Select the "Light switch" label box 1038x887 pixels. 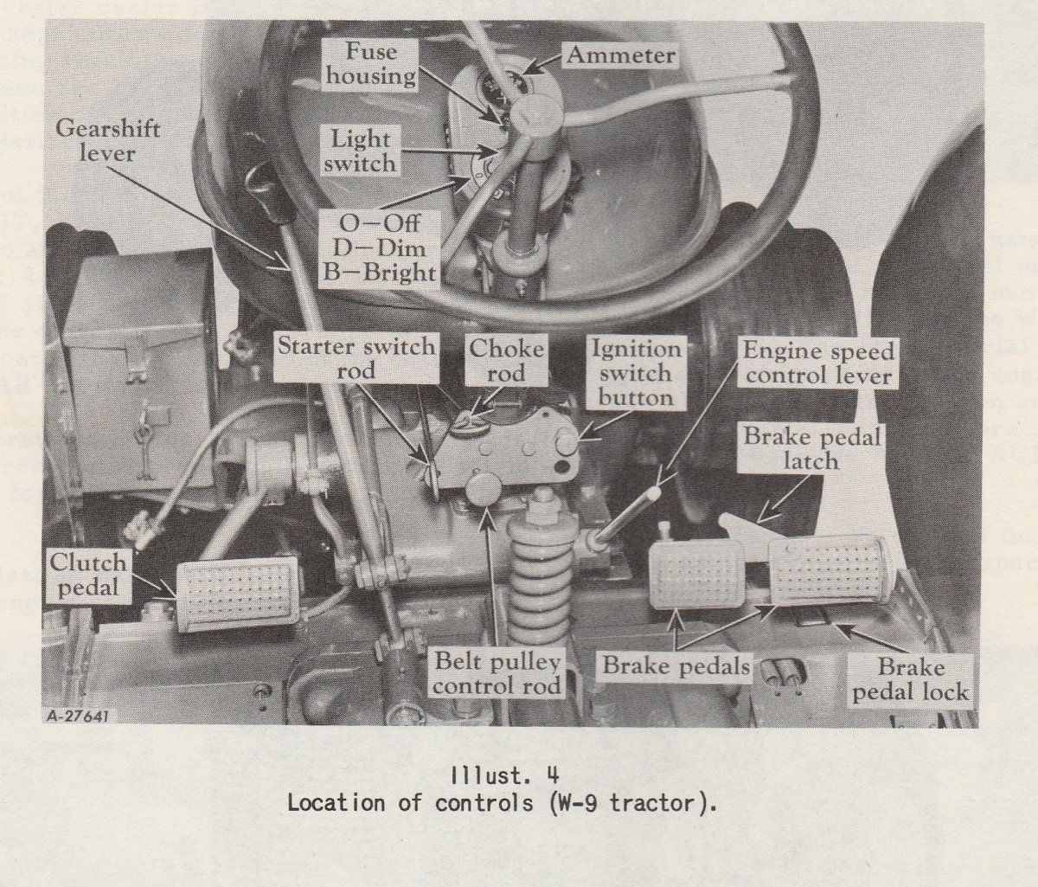[x=359, y=150]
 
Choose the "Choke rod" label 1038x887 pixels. [x=507, y=360]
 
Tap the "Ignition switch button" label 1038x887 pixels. [x=635, y=373]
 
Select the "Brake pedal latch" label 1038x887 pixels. [x=812, y=447]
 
